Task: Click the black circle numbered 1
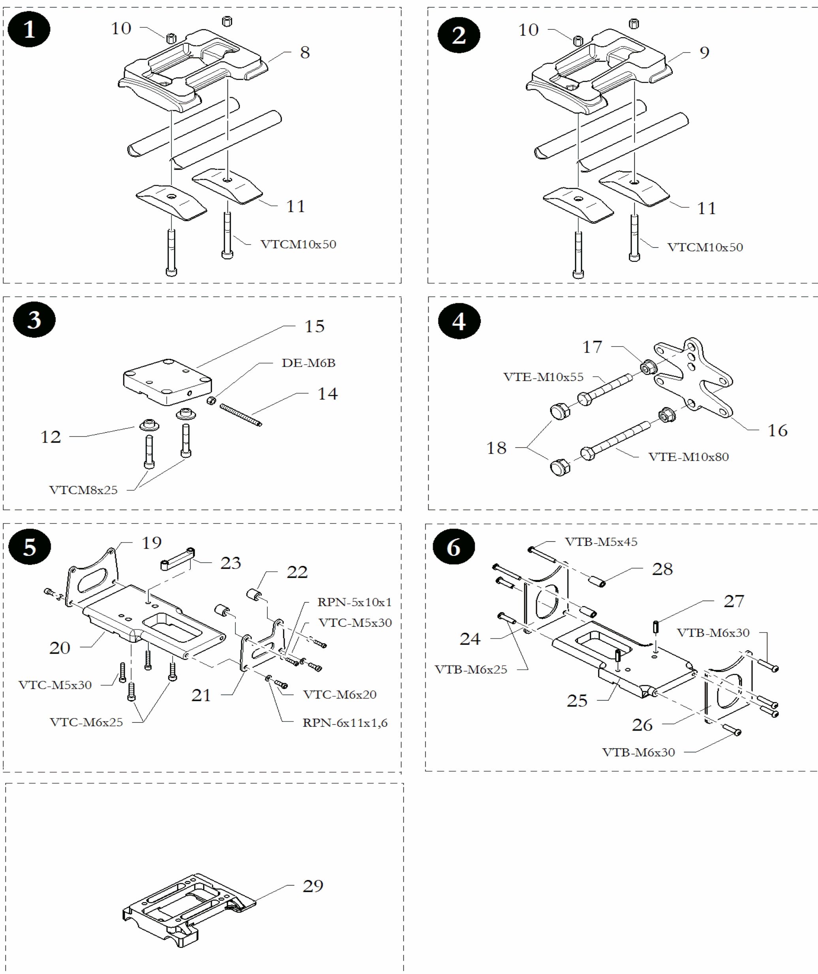point(29,30)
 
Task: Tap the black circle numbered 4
point(459,321)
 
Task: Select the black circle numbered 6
point(453,548)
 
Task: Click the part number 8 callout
point(305,53)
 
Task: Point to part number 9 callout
point(704,53)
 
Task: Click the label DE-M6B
point(308,363)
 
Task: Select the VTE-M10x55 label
point(543,377)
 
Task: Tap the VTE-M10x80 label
point(688,457)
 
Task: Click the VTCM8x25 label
point(83,490)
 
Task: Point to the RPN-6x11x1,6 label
point(345,723)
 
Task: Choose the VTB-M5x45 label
point(601,542)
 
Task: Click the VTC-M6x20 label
point(340,694)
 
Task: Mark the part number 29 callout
point(312,886)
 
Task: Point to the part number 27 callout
point(734,601)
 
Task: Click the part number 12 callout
point(51,437)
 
